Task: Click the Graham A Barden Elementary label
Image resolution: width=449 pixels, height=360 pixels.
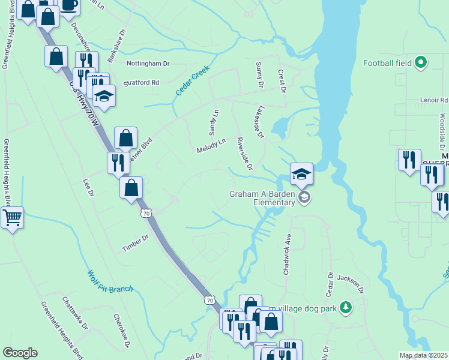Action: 262,198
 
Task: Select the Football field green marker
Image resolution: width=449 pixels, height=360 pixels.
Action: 421,62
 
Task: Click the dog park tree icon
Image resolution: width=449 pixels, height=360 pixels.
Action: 345,307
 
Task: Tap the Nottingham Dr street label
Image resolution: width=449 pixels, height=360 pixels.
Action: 148,62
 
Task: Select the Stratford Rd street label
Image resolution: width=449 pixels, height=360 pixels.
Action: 141,83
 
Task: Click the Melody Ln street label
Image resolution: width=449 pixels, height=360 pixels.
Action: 211,145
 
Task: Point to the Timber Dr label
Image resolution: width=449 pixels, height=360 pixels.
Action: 137,242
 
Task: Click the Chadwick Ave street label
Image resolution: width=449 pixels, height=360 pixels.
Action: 287,254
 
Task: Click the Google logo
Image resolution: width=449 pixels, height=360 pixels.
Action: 20,353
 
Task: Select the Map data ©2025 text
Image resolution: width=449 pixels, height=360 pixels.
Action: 424,355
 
